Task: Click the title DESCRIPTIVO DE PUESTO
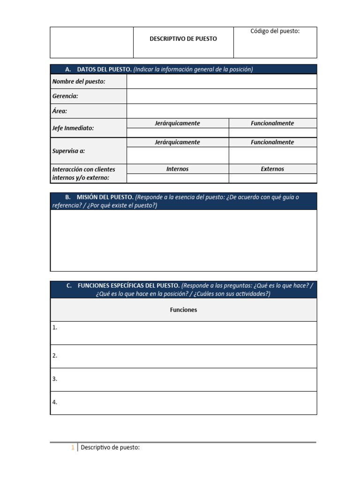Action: pyautogui.click(x=183, y=39)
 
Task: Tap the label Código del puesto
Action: pyautogui.click(x=275, y=31)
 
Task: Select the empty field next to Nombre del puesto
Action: pyautogui.click(x=221, y=82)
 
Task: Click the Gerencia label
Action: pyautogui.click(x=66, y=96)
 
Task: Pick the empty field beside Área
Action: pyautogui.click(x=221, y=111)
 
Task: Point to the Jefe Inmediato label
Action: pyautogui.click(x=74, y=128)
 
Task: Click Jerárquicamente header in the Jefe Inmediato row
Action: pyautogui.click(x=177, y=124)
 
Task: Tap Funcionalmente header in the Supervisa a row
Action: pyautogui.click(x=272, y=142)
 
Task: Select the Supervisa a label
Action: pyautogui.click(x=69, y=151)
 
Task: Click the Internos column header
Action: pyautogui.click(x=177, y=169)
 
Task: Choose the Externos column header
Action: pyautogui.click(x=272, y=169)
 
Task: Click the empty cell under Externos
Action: pyautogui.click(x=272, y=178)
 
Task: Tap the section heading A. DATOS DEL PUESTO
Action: pyautogui.click(x=104, y=70)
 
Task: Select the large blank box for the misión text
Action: pyautogui.click(x=183, y=240)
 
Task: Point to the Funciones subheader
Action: pyautogui.click(x=183, y=310)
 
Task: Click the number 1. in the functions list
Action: pyautogui.click(x=55, y=328)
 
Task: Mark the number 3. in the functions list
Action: pyautogui.click(x=55, y=379)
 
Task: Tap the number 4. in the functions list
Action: pyautogui.click(x=55, y=403)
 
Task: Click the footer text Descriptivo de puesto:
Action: pyautogui.click(x=110, y=448)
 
